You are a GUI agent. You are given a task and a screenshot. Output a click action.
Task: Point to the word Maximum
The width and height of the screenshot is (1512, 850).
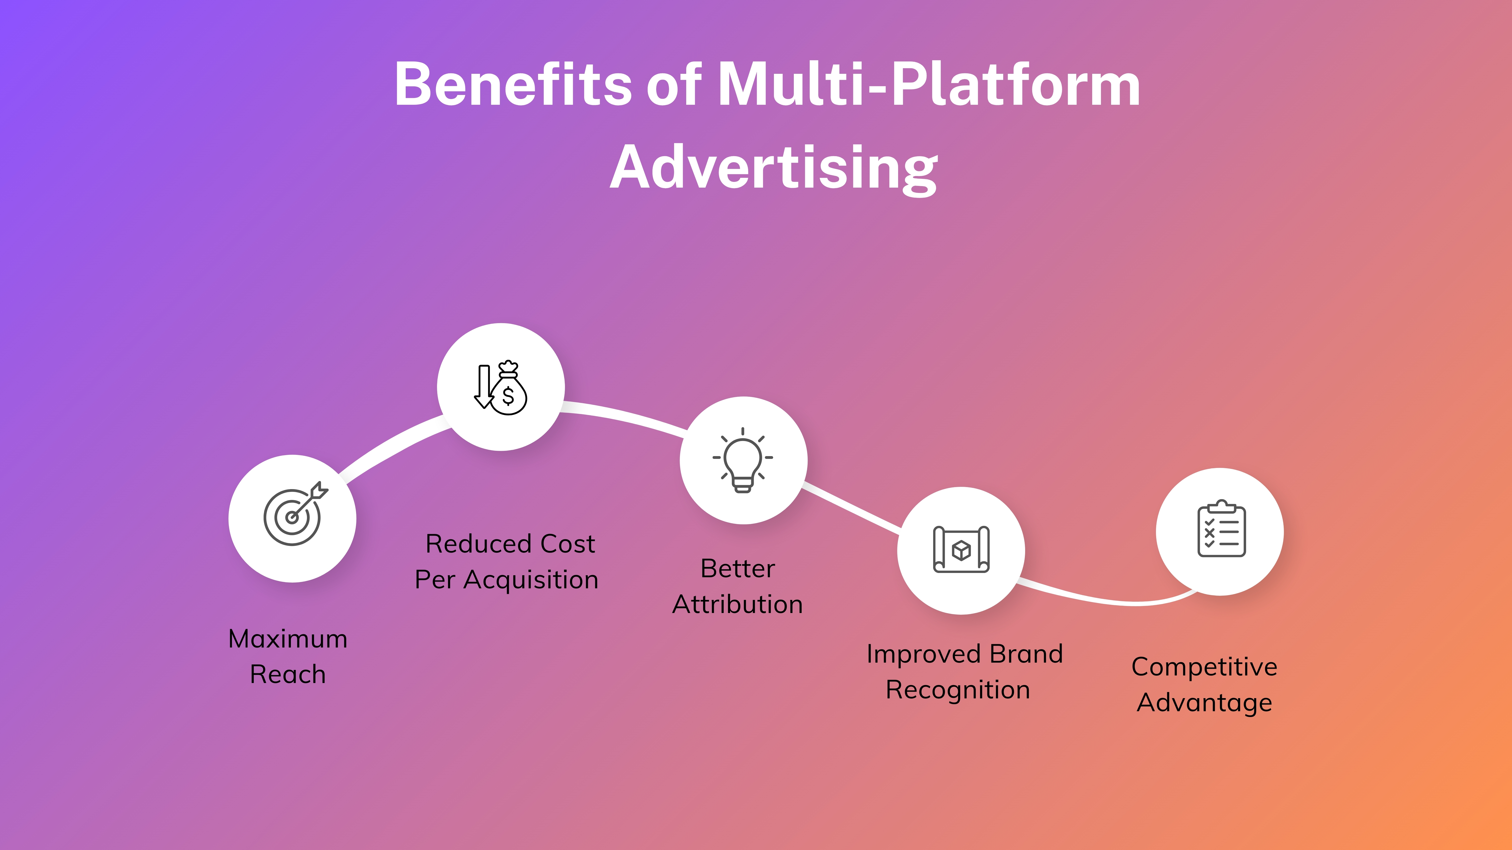pyautogui.click(x=288, y=639)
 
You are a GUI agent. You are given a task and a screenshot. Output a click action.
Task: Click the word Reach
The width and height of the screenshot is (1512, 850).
pyautogui.click(x=288, y=675)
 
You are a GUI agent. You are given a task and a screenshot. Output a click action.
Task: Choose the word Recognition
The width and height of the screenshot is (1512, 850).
pyautogui.click(x=958, y=690)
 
